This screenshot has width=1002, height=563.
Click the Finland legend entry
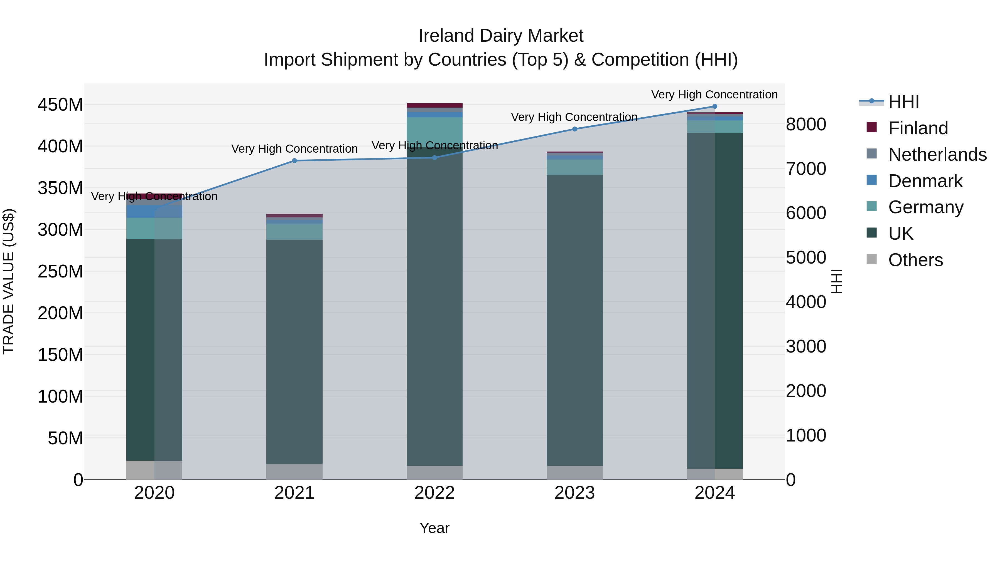(x=918, y=128)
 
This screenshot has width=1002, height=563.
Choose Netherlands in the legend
(x=937, y=155)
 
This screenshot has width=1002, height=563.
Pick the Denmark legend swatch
(x=872, y=180)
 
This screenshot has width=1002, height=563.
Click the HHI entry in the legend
(x=903, y=102)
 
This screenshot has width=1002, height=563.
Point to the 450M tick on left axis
(x=60, y=105)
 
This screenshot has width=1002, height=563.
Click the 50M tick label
(x=65, y=438)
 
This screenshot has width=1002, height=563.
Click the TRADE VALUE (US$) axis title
(x=9, y=281)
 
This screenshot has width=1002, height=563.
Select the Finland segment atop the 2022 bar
(x=434, y=105)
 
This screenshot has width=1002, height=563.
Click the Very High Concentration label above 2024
(x=714, y=95)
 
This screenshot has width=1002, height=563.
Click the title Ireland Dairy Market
(x=501, y=36)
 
